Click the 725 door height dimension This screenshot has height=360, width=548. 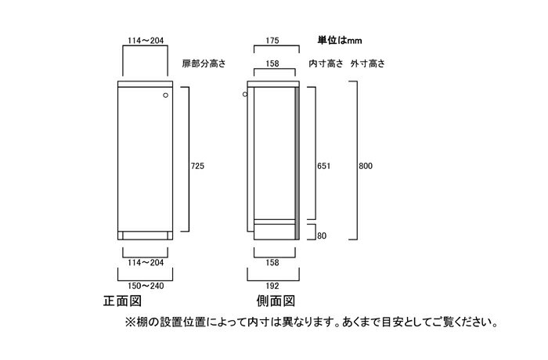point(197,166)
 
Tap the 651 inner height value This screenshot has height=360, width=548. point(323,166)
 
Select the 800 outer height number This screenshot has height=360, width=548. point(366,166)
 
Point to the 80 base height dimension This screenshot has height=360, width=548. point(322,236)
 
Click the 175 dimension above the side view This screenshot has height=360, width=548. point(272,41)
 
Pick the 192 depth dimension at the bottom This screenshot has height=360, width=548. point(272,286)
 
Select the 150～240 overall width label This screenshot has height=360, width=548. point(146,286)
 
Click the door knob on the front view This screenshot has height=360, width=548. point(166,95)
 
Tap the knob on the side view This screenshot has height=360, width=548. point(245,95)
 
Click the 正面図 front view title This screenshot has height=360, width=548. point(122,301)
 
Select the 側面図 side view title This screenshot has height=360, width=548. point(276,301)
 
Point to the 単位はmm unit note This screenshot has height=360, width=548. point(340,41)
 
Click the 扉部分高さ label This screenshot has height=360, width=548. point(204,63)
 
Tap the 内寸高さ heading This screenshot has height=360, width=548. point(326,63)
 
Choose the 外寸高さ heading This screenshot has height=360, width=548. point(368,63)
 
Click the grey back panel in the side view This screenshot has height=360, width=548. point(297,164)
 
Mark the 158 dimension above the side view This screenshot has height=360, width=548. point(272,63)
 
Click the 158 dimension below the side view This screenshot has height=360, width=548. point(272,262)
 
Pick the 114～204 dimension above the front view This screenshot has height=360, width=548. point(146,41)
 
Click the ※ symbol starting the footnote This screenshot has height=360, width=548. point(130,322)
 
